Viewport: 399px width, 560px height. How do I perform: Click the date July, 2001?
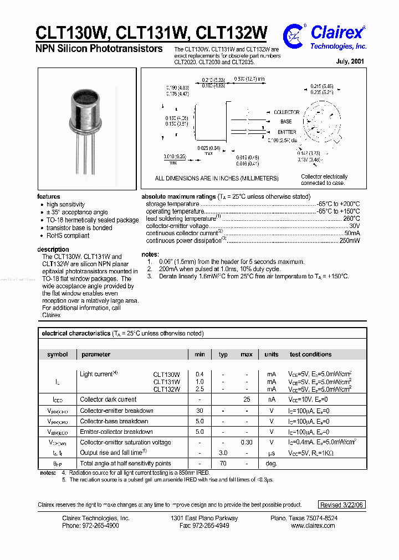350,62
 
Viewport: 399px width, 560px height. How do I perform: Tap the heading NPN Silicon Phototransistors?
99,49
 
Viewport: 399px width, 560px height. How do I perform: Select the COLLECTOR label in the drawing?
287,112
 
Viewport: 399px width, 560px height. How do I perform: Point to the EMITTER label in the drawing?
287,132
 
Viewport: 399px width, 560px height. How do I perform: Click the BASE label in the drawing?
286,122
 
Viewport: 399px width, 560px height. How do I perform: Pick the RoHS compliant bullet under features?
68,236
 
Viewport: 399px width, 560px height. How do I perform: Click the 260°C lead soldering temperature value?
351,219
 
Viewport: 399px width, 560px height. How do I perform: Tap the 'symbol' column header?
58,355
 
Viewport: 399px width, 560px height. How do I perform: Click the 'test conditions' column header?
310,355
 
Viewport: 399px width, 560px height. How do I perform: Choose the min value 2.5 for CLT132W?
199,390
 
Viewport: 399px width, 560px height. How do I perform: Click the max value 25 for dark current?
247,400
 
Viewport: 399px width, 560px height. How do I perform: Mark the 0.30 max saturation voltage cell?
247,443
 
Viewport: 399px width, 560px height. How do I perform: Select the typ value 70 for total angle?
223,464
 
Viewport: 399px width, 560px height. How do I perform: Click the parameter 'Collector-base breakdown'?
114,421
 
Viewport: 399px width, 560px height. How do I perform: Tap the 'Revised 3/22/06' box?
342,505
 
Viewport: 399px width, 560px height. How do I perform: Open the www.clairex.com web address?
313,526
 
